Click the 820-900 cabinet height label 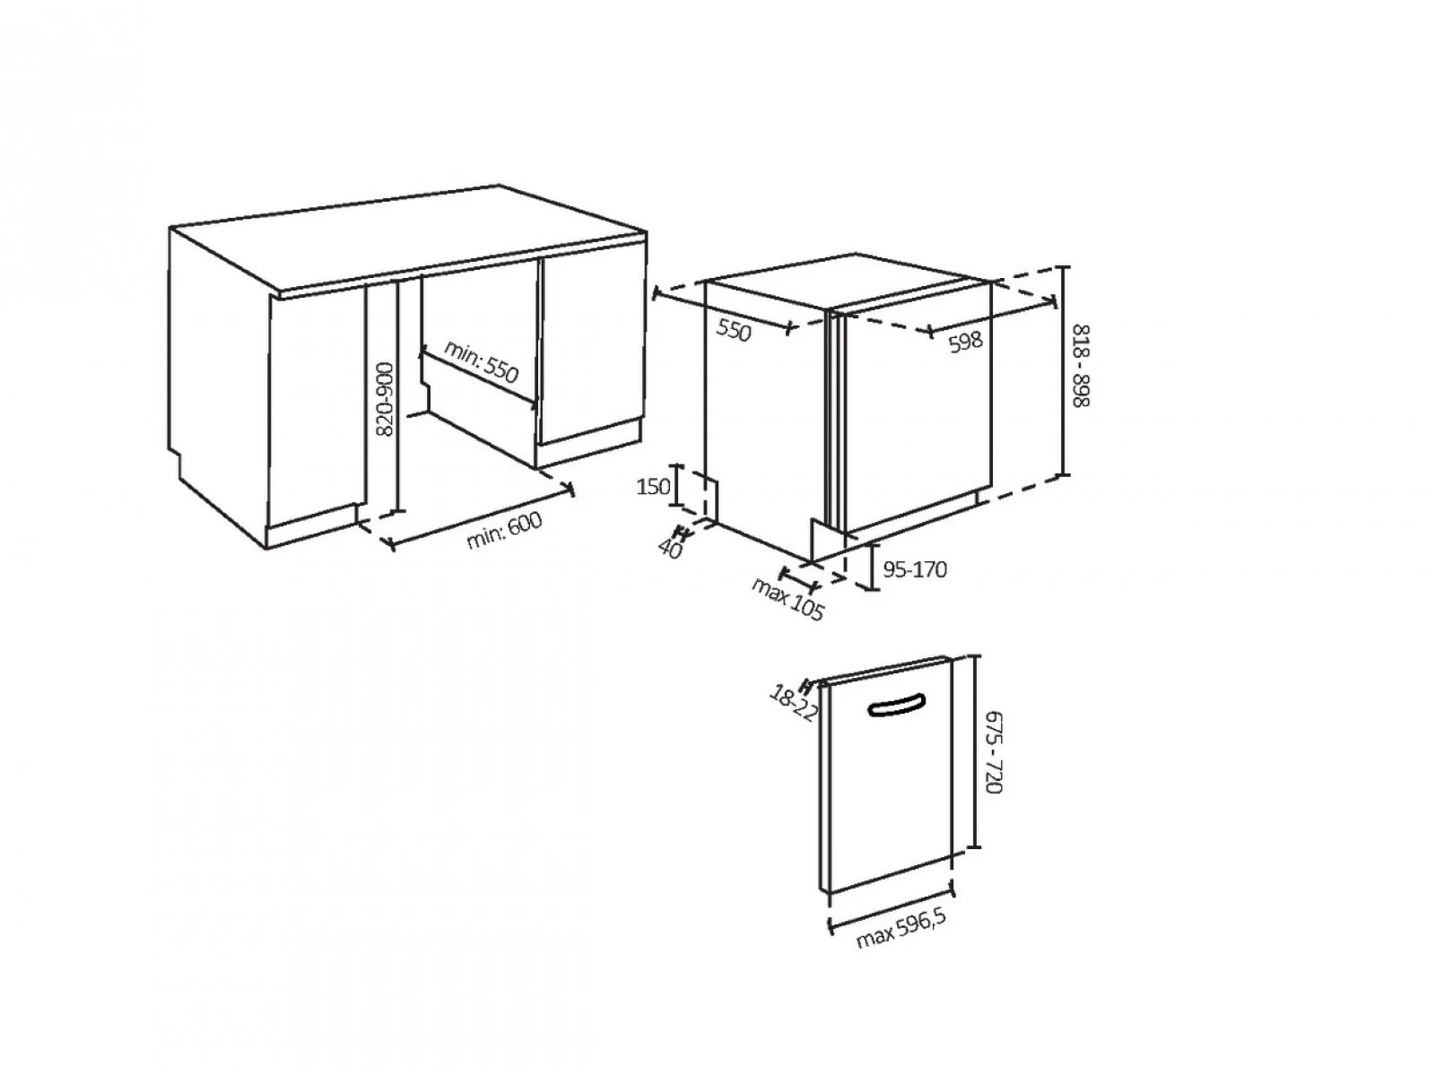[x=387, y=399]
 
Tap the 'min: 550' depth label [x=481, y=361]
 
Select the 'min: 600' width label [x=504, y=530]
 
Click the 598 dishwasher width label [x=966, y=341]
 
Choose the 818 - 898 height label [x=1081, y=365]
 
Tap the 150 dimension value [x=653, y=486]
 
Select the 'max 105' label [x=787, y=598]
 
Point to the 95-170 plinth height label [x=915, y=569]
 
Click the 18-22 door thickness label [x=793, y=702]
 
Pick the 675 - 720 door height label [x=993, y=752]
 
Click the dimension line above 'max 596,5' [x=891, y=907]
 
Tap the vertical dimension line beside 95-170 [x=872, y=567]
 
